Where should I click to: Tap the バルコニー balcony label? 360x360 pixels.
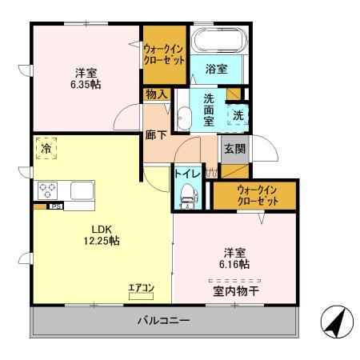(x=162, y=321)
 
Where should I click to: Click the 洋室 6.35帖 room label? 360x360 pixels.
(x=84, y=76)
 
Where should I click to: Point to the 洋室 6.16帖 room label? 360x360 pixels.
(x=235, y=257)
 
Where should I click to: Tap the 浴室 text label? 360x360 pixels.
(x=216, y=69)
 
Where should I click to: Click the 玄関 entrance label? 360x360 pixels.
(x=234, y=148)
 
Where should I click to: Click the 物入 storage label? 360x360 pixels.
(x=157, y=94)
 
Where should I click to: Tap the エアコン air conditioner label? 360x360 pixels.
(x=141, y=287)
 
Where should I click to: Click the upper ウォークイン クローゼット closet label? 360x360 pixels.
(x=165, y=54)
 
